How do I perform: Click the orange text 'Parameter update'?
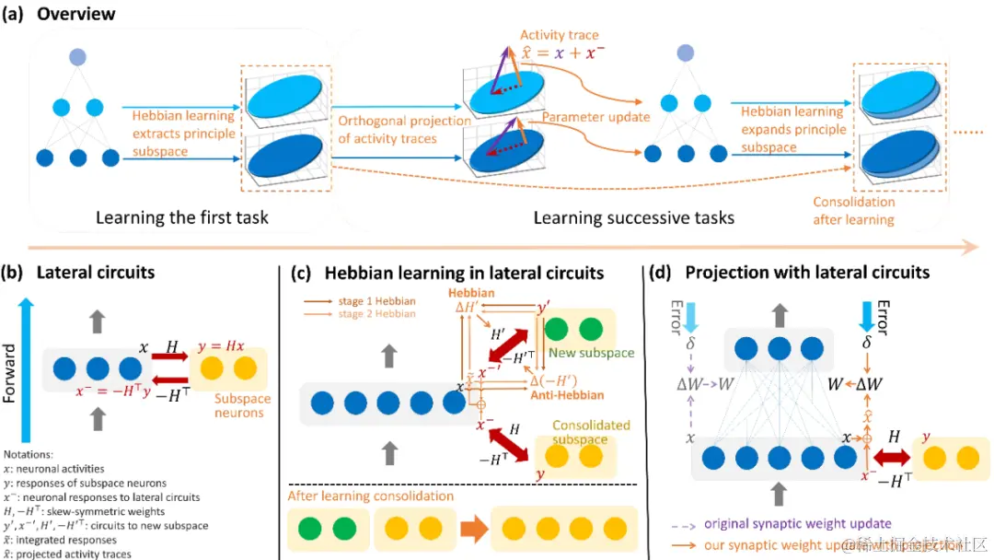[x=595, y=118]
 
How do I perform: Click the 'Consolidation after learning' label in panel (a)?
[x=853, y=210]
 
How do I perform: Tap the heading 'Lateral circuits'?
[x=96, y=273]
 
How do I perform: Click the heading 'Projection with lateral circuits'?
[x=803, y=273]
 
